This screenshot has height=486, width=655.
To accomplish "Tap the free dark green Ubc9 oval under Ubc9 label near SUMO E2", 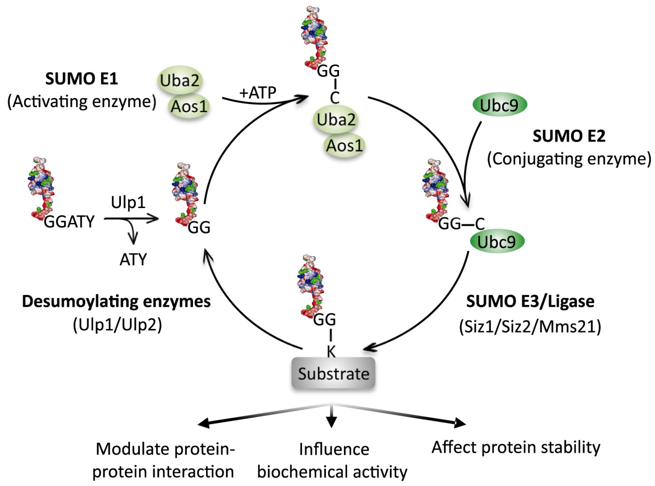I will (x=500, y=105).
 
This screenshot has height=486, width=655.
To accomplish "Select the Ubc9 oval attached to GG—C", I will (x=497, y=242).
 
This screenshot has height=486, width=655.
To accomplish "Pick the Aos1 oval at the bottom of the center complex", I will (x=345, y=145).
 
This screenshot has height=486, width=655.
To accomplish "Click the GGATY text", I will (x=69, y=222).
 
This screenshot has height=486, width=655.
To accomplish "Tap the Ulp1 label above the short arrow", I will (x=128, y=203).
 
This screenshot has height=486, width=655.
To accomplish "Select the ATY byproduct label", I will (x=133, y=259).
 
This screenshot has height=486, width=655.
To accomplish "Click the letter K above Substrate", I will (x=331, y=352).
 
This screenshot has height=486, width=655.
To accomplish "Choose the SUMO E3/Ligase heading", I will (x=530, y=301).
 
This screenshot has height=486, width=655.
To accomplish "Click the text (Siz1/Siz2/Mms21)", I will (x=530, y=326).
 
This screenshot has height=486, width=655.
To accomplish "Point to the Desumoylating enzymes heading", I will (x=116, y=301).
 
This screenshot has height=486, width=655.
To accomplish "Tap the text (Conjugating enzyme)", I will (x=569, y=159).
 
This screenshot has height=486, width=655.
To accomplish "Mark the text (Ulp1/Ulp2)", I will (x=117, y=325).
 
